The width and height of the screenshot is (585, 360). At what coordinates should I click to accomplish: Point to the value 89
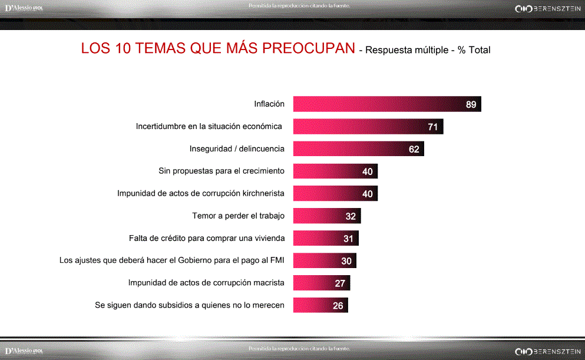coord(471,105)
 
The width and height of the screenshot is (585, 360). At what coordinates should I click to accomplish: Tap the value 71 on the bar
coord(432,127)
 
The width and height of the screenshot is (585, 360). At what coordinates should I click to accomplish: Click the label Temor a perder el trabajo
coord(238,216)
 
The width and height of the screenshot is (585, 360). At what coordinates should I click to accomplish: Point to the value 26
coord(338,306)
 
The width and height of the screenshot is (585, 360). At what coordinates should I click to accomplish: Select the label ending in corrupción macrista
coord(206,283)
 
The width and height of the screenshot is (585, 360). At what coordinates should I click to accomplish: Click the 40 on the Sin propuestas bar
coord(368,171)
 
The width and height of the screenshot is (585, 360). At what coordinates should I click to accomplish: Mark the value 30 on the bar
coord(346,261)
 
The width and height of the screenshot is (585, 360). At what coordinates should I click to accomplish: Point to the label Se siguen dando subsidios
coord(190,305)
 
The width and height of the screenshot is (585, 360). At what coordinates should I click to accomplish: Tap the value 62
coord(414,149)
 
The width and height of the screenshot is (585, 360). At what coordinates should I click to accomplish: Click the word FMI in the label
coord(276,260)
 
